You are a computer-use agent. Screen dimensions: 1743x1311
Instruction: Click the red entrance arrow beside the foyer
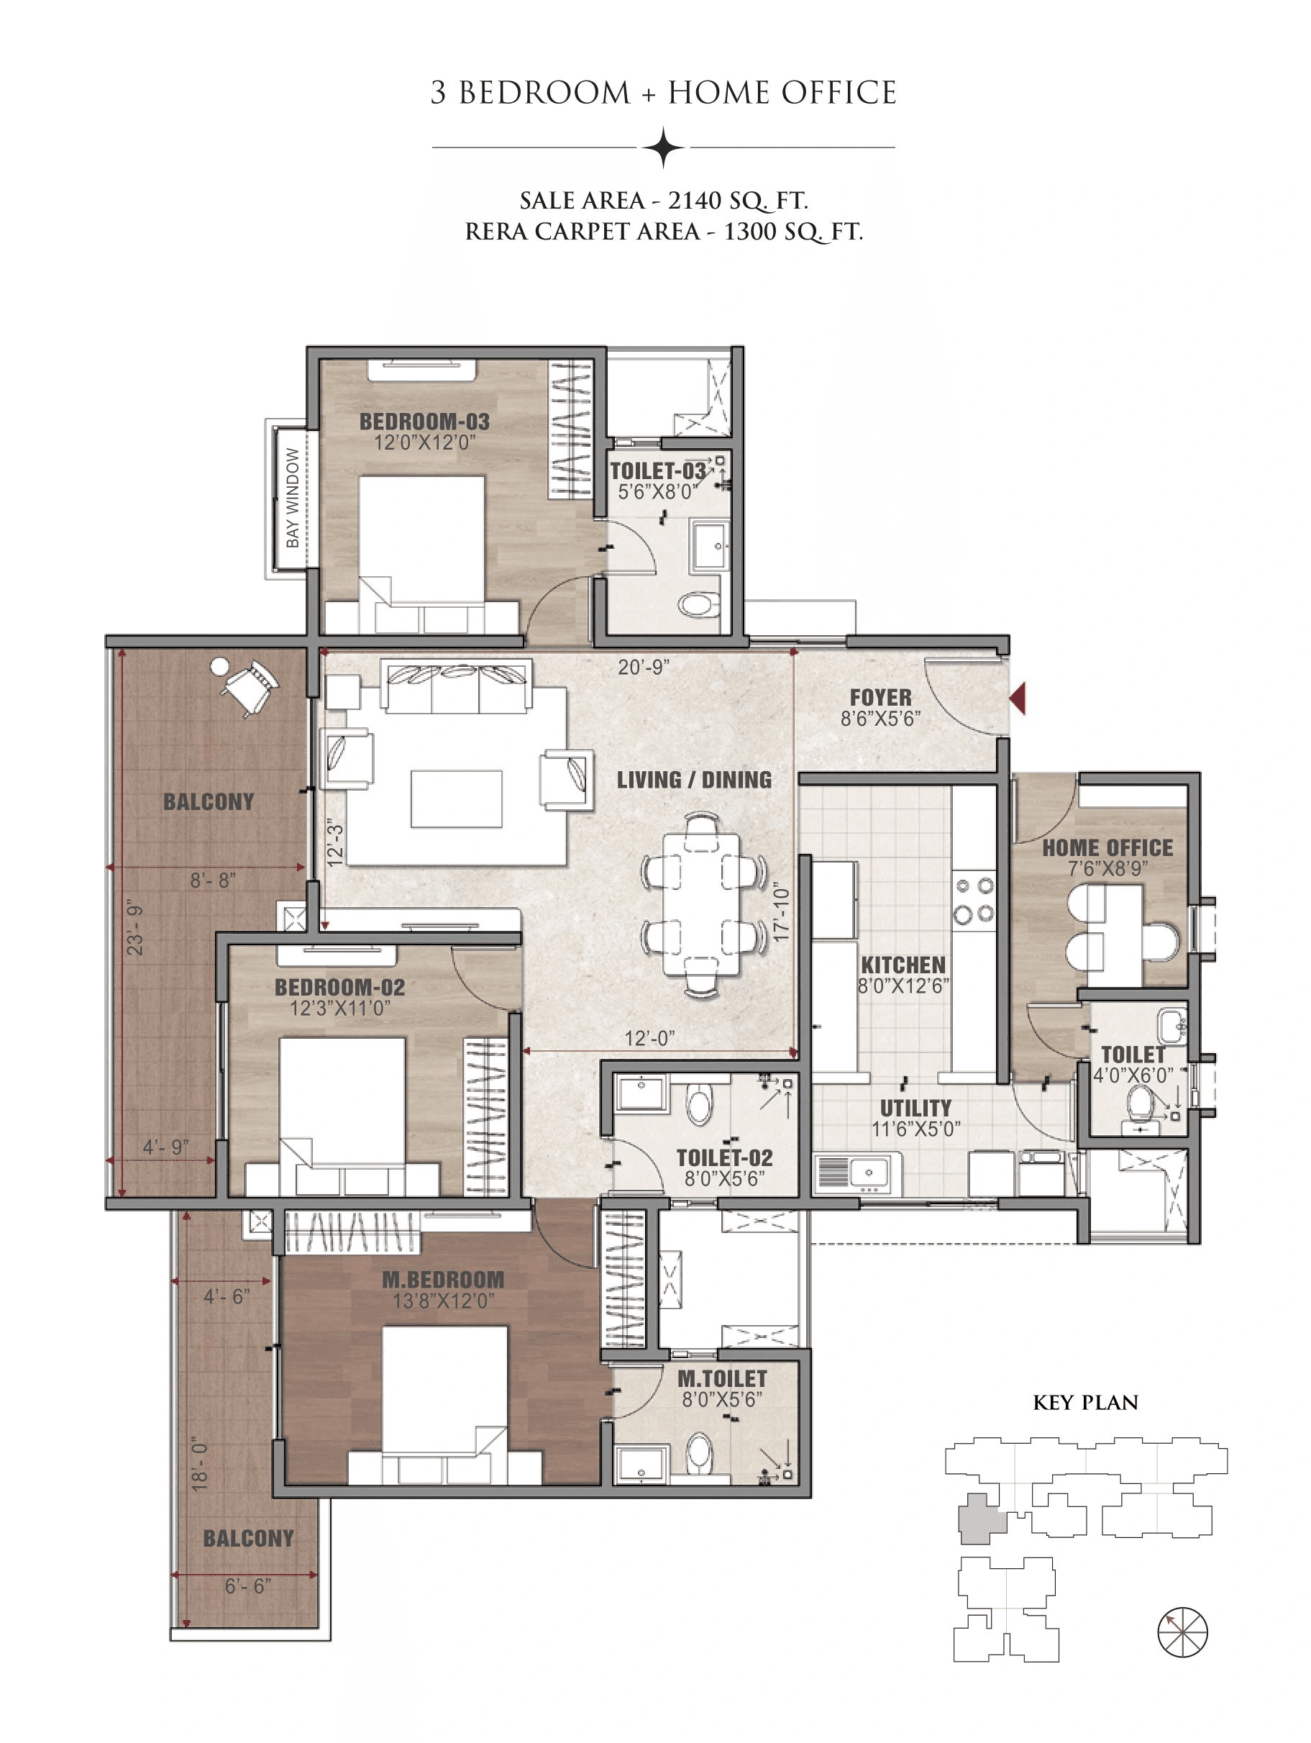click(x=1019, y=699)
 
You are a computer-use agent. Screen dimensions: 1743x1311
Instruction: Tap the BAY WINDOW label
click(x=292, y=499)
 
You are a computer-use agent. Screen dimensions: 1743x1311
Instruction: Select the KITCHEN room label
click(x=903, y=965)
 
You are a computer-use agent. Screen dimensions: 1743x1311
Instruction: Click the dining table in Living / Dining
click(x=701, y=906)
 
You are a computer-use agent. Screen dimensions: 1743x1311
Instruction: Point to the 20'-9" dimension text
click(x=644, y=667)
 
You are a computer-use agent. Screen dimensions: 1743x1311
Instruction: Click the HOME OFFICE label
click(x=1107, y=848)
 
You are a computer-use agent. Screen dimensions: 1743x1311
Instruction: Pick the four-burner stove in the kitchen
click(x=974, y=900)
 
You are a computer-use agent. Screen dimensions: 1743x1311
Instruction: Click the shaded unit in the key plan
click(x=979, y=1519)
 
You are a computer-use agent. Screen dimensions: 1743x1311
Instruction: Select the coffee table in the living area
click(x=456, y=799)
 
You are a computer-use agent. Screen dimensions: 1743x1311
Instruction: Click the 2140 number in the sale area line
click(x=694, y=201)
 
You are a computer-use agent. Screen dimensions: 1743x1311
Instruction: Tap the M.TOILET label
click(x=722, y=1378)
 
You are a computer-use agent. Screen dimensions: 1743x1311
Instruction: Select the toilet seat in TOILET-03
click(x=698, y=605)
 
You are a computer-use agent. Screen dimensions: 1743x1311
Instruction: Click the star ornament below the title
click(x=663, y=147)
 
